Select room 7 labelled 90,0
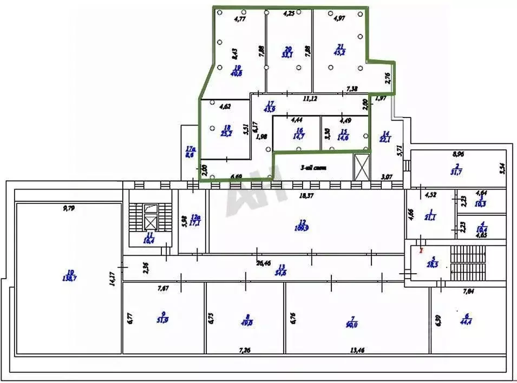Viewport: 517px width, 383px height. [x=352, y=321]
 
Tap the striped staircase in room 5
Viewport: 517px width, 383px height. [x=469, y=263]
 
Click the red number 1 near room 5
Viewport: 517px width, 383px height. [x=422, y=250]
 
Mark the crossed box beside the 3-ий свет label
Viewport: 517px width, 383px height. [x=361, y=167]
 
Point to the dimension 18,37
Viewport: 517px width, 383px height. [x=307, y=196]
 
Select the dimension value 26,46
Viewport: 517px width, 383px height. [x=264, y=263]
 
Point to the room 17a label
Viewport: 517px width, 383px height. [x=189, y=151]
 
